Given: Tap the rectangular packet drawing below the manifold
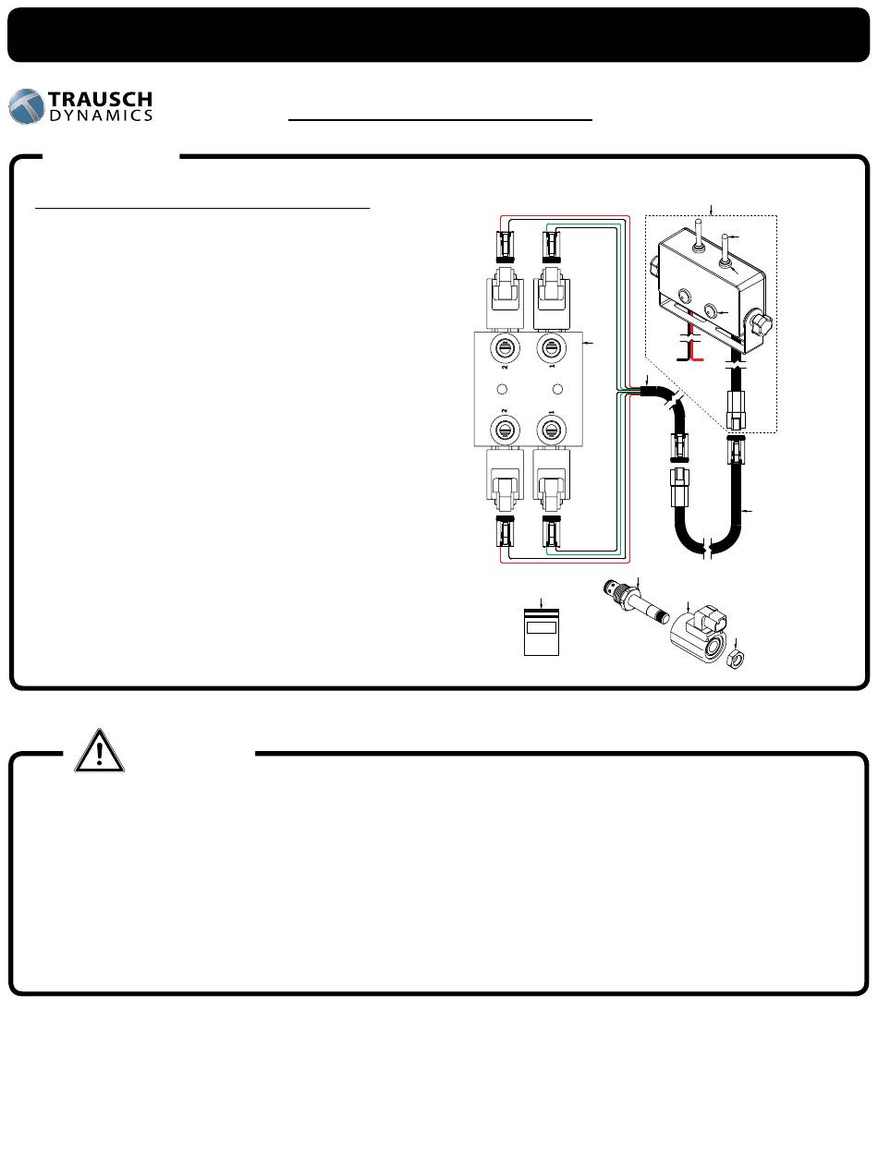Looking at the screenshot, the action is (x=541, y=632).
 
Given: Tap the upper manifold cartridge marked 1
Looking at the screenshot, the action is (x=551, y=348).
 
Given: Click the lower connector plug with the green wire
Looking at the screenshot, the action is (x=552, y=531).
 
